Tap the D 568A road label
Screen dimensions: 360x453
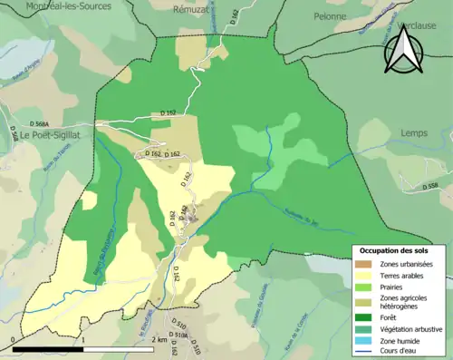pyautogui.click(x=41, y=122)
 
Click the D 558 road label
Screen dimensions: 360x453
pyautogui.click(x=429, y=187)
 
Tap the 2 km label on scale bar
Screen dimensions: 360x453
pyautogui.click(x=161, y=339)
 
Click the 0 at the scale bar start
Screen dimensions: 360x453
pyautogui.click(x=13, y=339)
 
